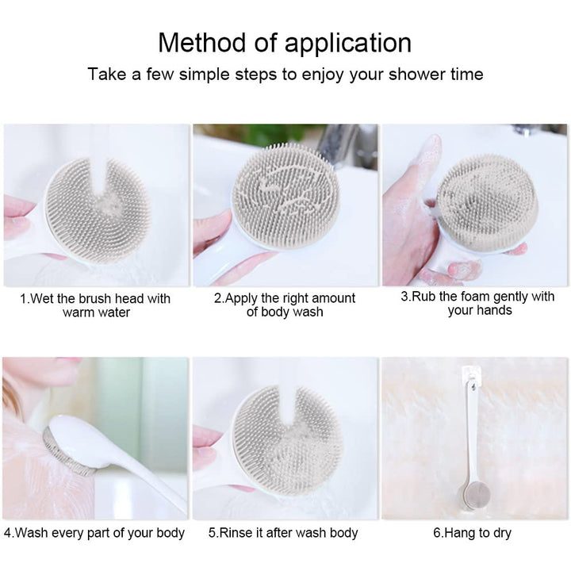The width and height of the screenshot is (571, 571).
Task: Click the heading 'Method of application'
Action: pyautogui.click(x=285, y=43)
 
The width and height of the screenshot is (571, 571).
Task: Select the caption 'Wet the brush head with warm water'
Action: pyautogui.click(x=95, y=305)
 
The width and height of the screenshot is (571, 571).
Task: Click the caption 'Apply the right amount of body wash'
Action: pyautogui.click(x=285, y=305)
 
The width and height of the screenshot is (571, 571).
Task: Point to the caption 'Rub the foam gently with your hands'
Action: pyautogui.click(x=477, y=303)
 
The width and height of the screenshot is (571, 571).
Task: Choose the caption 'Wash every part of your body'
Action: pyautogui.click(x=94, y=533)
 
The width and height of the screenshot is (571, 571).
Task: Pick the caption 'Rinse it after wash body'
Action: pyautogui.click(x=283, y=533)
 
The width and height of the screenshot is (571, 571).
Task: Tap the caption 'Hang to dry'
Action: pyautogui.click(x=473, y=533)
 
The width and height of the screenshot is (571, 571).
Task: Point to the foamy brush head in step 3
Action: pyautogui.click(x=487, y=202)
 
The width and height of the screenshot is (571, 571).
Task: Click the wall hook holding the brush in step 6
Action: pyautogui.click(x=471, y=377)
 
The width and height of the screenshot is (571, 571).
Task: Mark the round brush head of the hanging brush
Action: pyautogui.click(x=475, y=495)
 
